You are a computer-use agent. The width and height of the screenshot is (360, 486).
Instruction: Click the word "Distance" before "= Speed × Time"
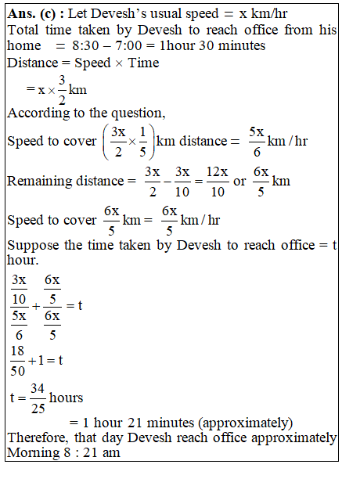pyautogui.click(x=32, y=63)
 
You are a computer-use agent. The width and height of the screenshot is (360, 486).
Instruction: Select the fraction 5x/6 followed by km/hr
pyautogui.click(x=257, y=141)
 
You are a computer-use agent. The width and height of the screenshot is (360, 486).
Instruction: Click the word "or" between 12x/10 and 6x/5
pyautogui.click(x=240, y=181)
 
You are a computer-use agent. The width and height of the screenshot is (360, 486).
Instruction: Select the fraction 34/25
pyautogui.click(x=37, y=398)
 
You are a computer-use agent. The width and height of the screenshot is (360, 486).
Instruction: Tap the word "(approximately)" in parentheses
pyautogui.click(x=250, y=423)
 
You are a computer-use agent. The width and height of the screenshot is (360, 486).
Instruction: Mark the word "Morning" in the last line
pyautogui.click(x=31, y=453)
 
